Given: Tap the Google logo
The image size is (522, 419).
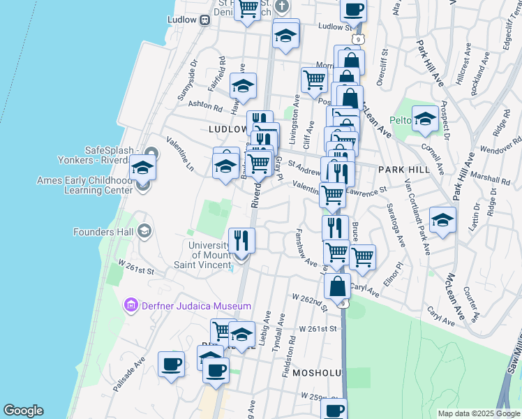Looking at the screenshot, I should coord(23,411).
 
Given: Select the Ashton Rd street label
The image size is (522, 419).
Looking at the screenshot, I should coord(204,106).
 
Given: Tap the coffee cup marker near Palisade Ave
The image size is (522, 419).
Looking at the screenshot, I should coord(171,364).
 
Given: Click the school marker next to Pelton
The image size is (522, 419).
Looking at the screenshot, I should coord(424,119).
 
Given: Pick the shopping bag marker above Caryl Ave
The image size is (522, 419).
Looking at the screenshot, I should coord(337,286).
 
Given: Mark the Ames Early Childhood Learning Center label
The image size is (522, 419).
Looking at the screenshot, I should coord(84,185).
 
